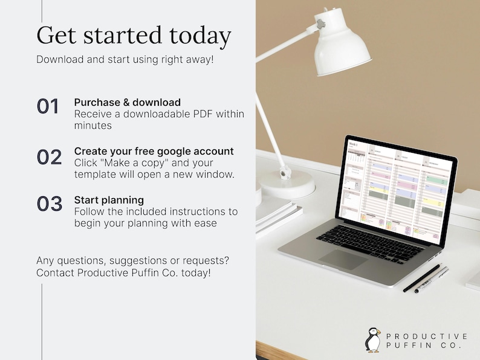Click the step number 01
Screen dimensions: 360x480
point(48,106)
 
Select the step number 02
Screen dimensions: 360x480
point(49,157)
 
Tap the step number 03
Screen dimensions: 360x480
point(50,204)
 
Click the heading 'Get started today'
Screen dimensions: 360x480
point(134,35)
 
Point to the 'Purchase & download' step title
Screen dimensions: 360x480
point(127,102)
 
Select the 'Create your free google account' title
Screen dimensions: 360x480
point(154,151)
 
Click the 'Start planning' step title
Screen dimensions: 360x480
point(109,199)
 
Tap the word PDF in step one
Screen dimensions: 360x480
point(204,114)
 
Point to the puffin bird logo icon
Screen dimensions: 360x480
point(373,339)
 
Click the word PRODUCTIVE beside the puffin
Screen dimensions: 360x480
point(426,336)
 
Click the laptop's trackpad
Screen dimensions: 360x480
point(343,259)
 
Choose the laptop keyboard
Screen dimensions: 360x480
point(370,240)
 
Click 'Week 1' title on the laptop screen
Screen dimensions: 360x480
point(353,145)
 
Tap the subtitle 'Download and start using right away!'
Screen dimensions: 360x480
point(125,59)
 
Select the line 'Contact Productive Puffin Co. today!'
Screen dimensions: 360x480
point(124,272)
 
